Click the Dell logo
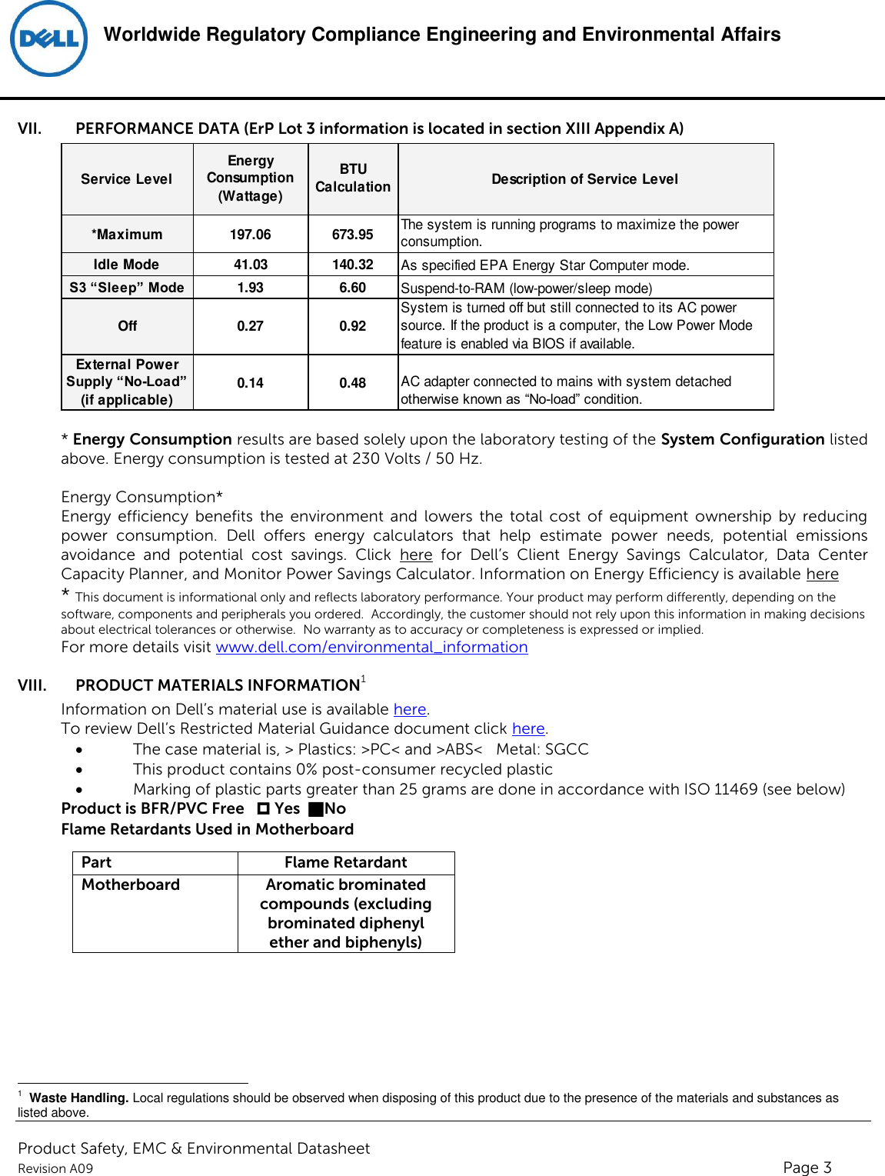48,39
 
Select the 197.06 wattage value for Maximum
250,235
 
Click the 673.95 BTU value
352,235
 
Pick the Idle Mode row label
126,265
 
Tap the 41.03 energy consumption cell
250,265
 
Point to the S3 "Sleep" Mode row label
126,288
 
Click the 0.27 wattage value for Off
250,326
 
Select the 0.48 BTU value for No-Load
352,383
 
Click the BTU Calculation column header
352,178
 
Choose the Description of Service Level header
584,179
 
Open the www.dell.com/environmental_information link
371,648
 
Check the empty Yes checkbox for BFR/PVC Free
264,809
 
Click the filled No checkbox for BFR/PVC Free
315,809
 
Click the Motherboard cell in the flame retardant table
131,885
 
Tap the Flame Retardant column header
345,863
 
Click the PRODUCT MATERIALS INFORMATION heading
218,685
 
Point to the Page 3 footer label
807,1168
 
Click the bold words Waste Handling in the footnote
78,1098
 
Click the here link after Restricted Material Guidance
528,729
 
